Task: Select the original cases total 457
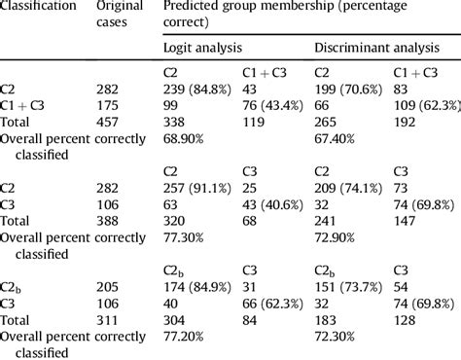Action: point(111,125)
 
